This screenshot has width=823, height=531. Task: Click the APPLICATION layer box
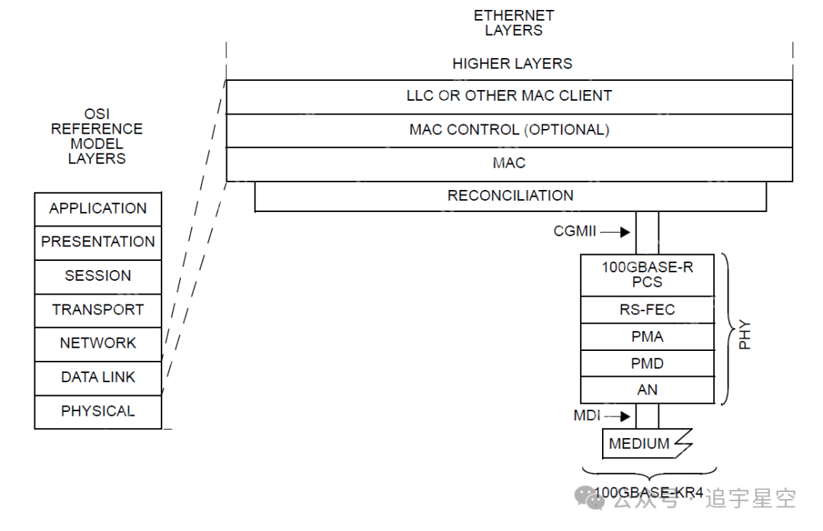(x=98, y=209)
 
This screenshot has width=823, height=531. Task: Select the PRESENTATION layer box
(x=98, y=243)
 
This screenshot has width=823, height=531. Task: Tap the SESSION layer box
(x=98, y=276)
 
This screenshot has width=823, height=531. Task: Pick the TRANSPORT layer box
(x=98, y=311)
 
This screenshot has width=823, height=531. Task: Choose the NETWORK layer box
(x=98, y=344)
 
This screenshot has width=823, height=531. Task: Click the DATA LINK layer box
(x=98, y=378)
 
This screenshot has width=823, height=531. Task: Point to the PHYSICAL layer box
(x=98, y=411)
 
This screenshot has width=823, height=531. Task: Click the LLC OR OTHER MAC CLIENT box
(x=509, y=97)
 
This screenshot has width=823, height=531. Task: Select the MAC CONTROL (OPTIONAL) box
(x=509, y=130)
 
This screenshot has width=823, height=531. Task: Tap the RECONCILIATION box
(x=510, y=196)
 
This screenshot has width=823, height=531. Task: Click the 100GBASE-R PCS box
(x=647, y=275)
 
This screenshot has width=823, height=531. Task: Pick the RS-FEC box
(x=647, y=310)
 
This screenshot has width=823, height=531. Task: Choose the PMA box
(x=647, y=336)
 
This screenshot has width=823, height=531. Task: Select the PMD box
(x=647, y=363)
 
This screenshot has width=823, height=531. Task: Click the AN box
(x=647, y=390)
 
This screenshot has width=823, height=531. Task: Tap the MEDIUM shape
(x=640, y=443)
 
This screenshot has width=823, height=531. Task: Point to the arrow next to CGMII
(x=615, y=231)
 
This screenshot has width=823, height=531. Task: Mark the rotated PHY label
(x=745, y=334)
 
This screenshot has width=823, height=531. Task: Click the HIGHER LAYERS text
(x=512, y=64)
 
